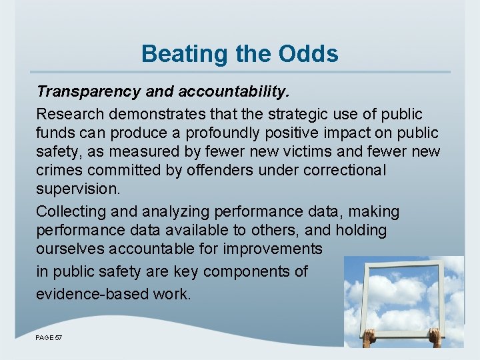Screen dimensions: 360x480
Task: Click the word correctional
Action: (x=345, y=170)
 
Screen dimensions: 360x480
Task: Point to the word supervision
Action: (x=78, y=189)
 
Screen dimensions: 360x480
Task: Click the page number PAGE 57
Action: (x=49, y=338)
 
